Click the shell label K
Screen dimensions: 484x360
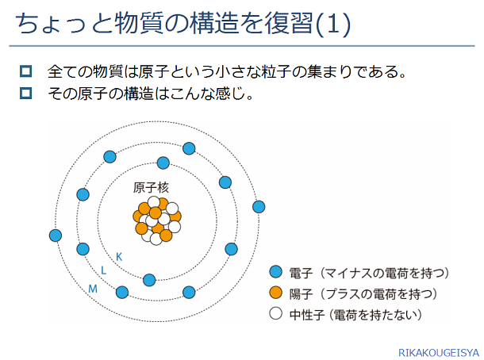[x=119, y=257]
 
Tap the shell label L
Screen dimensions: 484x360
[x=103, y=270]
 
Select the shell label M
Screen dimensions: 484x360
[x=93, y=289]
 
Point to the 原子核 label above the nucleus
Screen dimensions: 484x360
[x=151, y=188]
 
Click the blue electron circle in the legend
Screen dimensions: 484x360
[x=275, y=272]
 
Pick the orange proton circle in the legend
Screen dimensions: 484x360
[x=275, y=293]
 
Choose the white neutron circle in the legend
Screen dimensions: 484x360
[x=275, y=313]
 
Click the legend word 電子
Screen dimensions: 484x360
[x=301, y=273]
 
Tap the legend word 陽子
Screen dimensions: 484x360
[x=301, y=294]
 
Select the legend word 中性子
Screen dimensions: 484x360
[x=307, y=315]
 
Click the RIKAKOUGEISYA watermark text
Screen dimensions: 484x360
[x=439, y=353]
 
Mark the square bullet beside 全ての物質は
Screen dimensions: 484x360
[x=25, y=71]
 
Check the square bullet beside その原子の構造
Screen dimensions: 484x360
[x=25, y=93]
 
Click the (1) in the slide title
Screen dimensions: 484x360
[x=332, y=24]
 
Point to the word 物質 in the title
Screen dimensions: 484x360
[x=139, y=24]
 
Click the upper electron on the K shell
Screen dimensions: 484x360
[x=163, y=163]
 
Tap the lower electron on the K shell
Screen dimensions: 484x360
[x=149, y=280]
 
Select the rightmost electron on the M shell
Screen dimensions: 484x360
[x=259, y=207]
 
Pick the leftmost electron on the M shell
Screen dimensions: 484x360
[x=56, y=236]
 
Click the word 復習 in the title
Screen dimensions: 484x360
[x=290, y=24]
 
